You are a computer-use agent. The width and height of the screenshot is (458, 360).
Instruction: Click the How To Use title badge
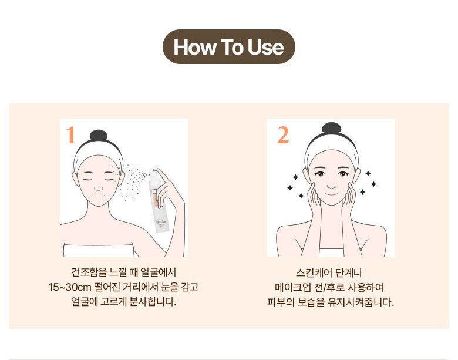229,47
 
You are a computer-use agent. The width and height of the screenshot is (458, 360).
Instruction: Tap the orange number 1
70,135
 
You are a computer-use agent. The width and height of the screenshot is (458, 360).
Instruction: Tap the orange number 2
283,135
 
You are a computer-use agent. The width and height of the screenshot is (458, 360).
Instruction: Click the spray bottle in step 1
157,201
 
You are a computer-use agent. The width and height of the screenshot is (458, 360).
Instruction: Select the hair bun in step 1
99,135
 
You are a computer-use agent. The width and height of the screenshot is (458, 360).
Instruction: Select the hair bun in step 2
331,128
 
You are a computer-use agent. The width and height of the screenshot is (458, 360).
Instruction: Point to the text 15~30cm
70,287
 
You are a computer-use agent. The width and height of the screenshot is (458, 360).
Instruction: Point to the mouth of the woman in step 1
99,196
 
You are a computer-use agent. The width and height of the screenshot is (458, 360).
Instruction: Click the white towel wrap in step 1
99,250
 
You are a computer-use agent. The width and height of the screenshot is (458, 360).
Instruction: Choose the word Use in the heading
265,47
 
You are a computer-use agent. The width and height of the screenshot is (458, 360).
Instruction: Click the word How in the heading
194,47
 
